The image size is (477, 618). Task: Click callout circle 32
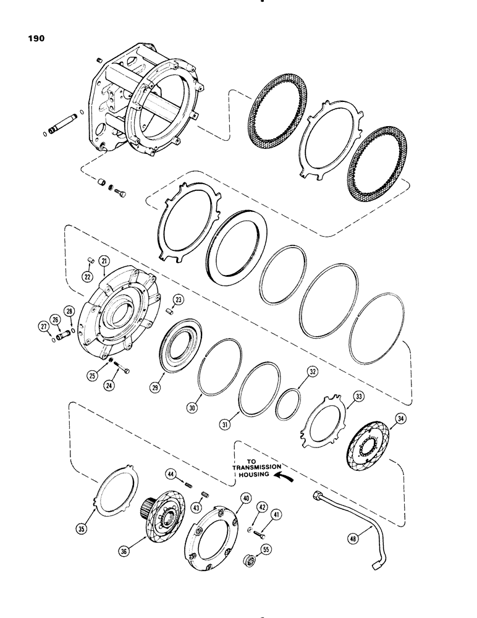(x=313, y=373)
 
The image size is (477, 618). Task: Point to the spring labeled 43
(x=204, y=492)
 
